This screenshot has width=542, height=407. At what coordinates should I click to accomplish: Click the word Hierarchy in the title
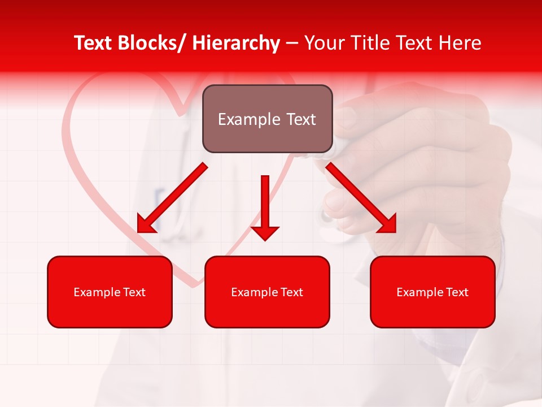[236, 44]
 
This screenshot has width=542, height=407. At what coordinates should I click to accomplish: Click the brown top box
[267, 119]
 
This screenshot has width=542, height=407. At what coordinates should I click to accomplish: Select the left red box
[110, 292]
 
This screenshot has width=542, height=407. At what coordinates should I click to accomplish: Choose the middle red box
[267, 292]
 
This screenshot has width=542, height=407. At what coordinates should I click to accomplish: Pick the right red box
[432, 292]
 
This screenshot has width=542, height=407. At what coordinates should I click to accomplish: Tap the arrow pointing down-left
[172, 198]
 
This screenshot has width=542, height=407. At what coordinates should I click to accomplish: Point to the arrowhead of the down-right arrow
[388, 224]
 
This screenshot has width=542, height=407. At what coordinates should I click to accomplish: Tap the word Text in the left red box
[134, 292]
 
